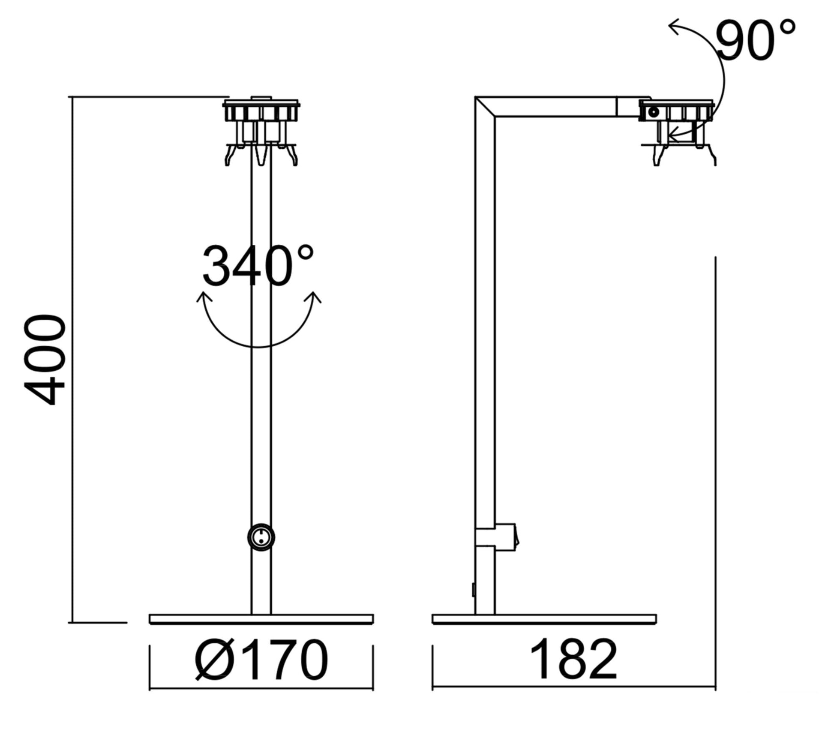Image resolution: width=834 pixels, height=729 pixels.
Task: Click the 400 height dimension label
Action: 45,360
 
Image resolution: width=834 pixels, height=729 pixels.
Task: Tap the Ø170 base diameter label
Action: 261,660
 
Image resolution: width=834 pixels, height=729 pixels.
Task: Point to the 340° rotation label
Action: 257,267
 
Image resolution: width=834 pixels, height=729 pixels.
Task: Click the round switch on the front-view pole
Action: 261,537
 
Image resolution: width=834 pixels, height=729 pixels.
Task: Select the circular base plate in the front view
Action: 261,619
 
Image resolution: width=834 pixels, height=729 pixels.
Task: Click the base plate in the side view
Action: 544,619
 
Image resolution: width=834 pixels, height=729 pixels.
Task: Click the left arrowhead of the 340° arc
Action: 204,297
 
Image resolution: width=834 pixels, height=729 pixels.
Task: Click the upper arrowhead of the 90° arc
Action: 675,27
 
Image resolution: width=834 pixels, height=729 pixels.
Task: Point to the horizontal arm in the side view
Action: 557,107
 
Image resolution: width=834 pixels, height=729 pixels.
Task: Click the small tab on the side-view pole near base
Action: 474,590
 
